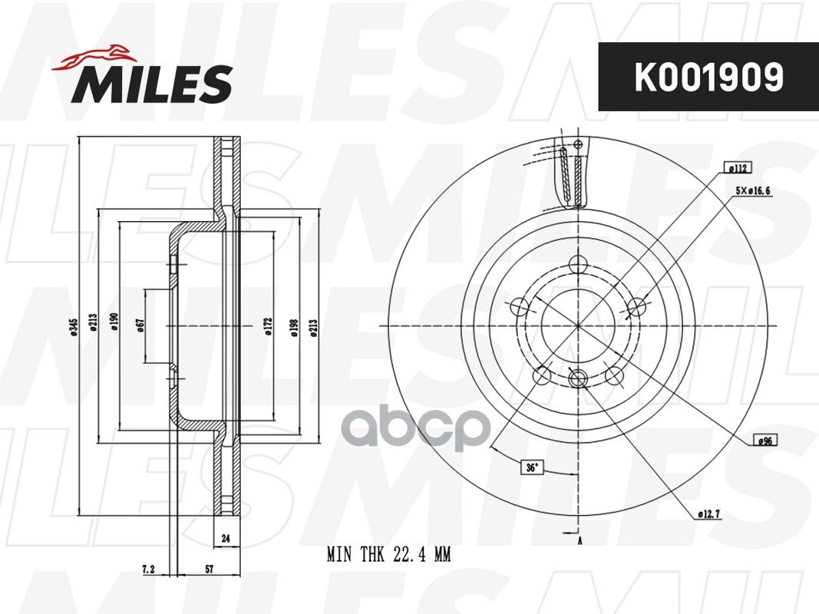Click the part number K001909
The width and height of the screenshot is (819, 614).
point(708,77)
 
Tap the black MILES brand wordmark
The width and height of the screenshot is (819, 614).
point(151,84)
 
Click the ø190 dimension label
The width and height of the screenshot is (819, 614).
point(114,322)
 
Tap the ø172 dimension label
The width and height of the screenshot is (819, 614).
point(268,325)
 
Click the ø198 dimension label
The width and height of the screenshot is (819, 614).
point(294,328)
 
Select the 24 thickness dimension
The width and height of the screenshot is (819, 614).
point(226,538)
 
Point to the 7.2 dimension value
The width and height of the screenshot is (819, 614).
point(149,569)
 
